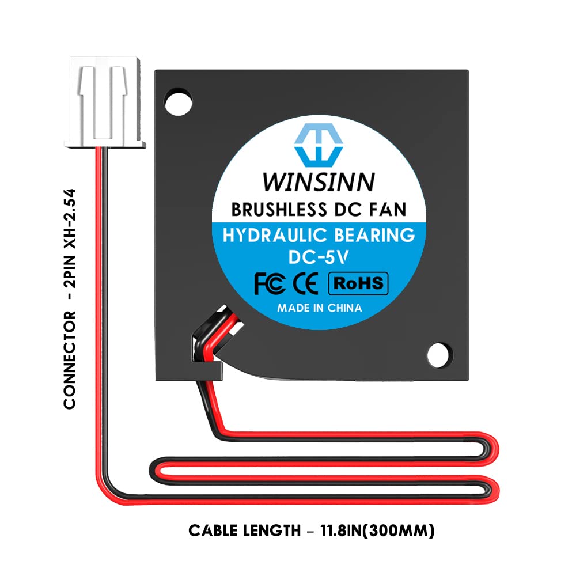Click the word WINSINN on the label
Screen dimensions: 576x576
pos(319,181)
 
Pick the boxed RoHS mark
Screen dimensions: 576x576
pos(358,283)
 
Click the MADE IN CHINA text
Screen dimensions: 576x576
pos(319,308)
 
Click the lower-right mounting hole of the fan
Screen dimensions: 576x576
pos(439,353)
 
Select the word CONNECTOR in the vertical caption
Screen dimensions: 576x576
pos(70,360)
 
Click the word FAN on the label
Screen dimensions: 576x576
pos(388,209)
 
